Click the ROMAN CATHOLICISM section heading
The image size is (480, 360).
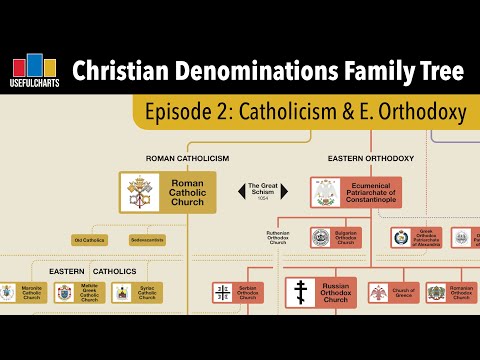188,159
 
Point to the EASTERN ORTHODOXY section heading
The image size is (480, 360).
371,159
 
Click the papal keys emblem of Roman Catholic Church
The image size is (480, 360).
138,192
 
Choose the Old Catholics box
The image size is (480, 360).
89,240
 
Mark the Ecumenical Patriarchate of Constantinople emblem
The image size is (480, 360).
327,192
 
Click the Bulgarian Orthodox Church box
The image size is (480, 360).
334,238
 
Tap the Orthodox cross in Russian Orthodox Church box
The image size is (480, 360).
301,293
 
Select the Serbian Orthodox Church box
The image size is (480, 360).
238,293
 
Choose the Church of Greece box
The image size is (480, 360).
392,293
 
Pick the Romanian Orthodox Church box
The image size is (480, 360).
450,293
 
